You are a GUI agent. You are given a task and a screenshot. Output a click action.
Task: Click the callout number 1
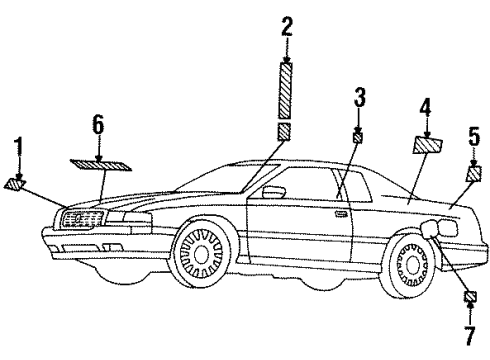[19, 147]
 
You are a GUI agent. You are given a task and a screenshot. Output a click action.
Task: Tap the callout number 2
[287, 27]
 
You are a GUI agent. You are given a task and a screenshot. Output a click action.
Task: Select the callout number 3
[359, 97]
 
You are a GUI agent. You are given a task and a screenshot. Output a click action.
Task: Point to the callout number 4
[425, 108]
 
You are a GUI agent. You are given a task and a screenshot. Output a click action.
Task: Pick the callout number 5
[474, 136]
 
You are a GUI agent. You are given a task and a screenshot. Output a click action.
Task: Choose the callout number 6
[98, 125]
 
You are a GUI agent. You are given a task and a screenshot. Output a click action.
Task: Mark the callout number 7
[470, 335]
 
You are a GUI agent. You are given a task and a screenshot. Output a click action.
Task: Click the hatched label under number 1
[15, 184]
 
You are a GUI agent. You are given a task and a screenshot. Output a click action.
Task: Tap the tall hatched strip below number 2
[286, 90]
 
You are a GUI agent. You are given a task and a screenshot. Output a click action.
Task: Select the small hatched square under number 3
[358, 137]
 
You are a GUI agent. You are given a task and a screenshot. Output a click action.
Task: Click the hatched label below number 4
[428, 145]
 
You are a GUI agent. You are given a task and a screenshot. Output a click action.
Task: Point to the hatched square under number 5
[474, 174]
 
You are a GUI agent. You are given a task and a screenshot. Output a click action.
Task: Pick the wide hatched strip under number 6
[101, 165]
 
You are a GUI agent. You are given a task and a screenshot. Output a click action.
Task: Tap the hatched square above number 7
[470, 296]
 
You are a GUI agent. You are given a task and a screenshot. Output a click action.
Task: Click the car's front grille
[82, 219]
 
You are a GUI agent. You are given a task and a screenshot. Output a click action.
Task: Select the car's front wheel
[200, 254]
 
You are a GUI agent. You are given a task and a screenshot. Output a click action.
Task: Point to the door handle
[340, 214]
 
